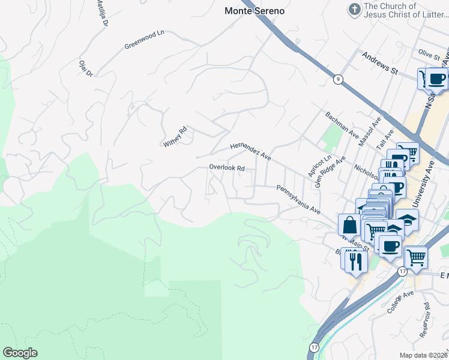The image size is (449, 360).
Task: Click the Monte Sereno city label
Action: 255,11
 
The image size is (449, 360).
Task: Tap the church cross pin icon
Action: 355,10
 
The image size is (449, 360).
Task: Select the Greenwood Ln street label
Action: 144,40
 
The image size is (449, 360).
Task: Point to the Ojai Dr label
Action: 86,68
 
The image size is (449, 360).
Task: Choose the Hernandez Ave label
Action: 251,152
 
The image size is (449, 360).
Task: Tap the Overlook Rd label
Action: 226,168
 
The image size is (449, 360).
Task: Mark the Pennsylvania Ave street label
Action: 298,200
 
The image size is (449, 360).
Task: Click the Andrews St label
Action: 380,62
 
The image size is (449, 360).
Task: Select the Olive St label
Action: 430,54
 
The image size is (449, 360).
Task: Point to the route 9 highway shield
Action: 339,79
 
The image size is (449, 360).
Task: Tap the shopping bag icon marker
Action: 349,225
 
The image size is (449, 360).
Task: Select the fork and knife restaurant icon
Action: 354,260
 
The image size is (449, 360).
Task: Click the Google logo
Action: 20,353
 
